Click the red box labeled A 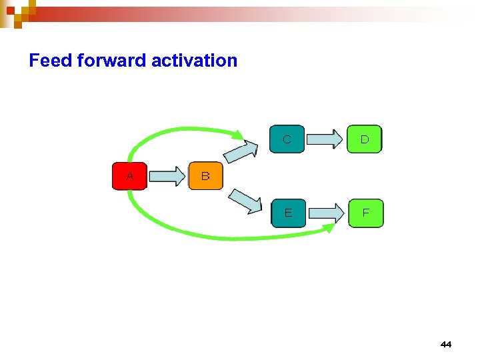pyautogui.click(x=129, y=176)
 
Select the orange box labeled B pyautogui.click(x=205, y=176)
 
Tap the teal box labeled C pyautogui.click(x=287, y=139)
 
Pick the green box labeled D pyautogui.click(x=365, y=139)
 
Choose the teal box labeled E pyautogui.click(x=288, y=213)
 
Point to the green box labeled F pyautogui.click(x=365, y=213)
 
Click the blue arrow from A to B pyautogui.click(x=167, y=176)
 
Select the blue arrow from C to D pyautogui.click(x=325, y=139)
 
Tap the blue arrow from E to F pyautogui.click(x=326, y=213)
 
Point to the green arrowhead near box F pyautogui.click(x=329, y=228)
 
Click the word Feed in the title pyautogui.click(x=51, y=61)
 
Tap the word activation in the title pyautogui.click(x=194, y=61)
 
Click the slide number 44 pyautogui.click(x=446, y=344)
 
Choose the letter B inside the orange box pyautogui.click(x=205, y=177)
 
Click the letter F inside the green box pyautogui.click(x=365, y=214)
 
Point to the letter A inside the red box pyautogui.click(x=130, y=177)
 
